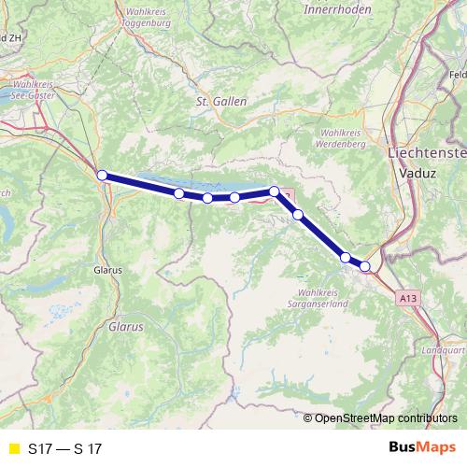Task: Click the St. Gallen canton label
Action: tap(216, 101)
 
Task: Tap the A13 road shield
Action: tap(405, 297)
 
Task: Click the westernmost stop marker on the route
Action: tap(102, 175)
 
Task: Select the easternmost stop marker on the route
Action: tap(365, 266)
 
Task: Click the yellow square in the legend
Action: tap(12, 448)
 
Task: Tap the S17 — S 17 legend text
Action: tap(64, 448)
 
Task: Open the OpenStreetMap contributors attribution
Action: tap(386, 417)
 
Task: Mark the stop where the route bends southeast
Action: tap(275, 191)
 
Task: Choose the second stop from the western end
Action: tap(178, 193)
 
